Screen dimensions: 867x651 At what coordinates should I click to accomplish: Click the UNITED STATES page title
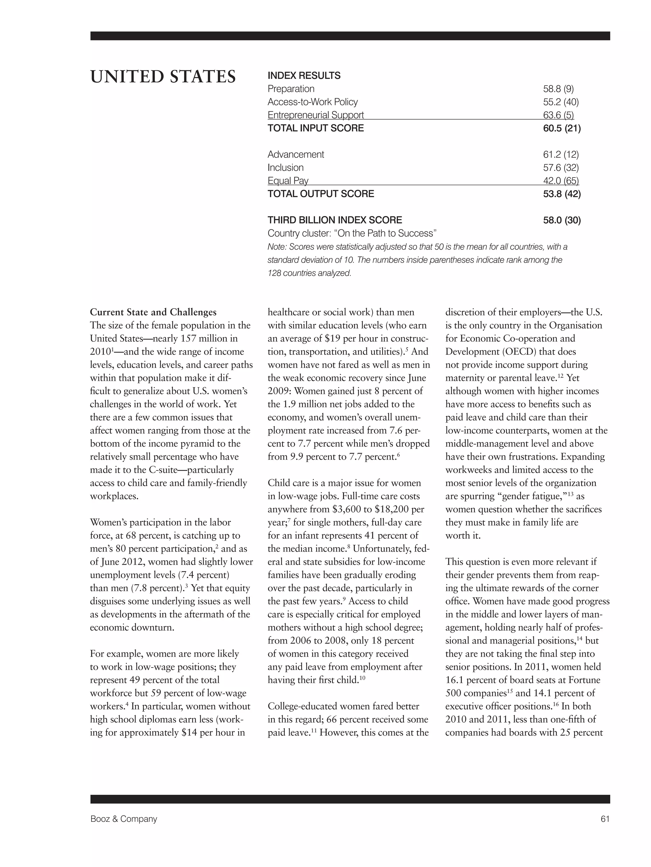pyautogui.click(x=163, y=76)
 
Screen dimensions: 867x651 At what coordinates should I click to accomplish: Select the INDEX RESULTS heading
pyautogui.click(x=304, y=75)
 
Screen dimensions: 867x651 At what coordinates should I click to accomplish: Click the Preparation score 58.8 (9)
pyautogui.click(x=558, y=89)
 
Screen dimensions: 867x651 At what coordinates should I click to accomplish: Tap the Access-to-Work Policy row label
pyautogui.click(x=312, y=102)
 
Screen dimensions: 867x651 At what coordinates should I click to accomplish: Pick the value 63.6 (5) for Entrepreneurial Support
pyautogui.click(x=558, y=115)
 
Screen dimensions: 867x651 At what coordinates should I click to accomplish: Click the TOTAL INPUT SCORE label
pyautogui.click(x=316, y=128)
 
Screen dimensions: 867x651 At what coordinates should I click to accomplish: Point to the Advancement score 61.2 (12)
pyautogui.click(x=560, y=154)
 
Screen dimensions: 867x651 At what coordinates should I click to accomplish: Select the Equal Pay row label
pyautogui.click(x=288, y=181)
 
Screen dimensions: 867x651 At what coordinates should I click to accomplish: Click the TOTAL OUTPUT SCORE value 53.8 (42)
pyautogui.click(x=562, y=194)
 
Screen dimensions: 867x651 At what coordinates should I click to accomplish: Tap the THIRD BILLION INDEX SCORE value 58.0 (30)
pyautogui.click(x=562, y=220)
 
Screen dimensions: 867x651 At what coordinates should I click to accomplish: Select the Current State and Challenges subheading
pyautogui.click(x=153, y=312)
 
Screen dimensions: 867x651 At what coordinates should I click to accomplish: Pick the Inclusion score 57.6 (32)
pyautogui.click(x=560, y=168)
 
